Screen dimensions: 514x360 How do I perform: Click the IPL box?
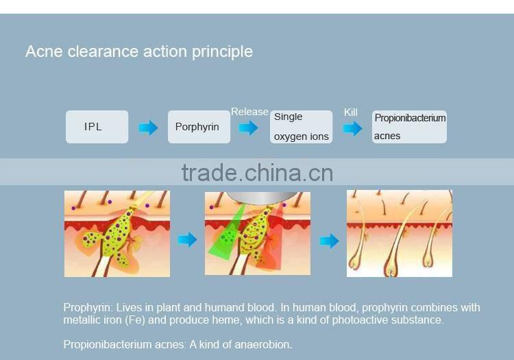tap(97, 127)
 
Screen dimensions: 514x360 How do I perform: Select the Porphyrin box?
tap(199, 127)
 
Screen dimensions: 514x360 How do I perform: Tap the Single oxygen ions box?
tap(302, 127)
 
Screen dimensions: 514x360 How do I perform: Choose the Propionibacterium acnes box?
tap(409, 127)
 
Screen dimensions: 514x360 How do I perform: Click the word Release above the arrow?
tap(249, 112)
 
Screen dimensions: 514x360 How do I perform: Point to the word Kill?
tap(351, 112)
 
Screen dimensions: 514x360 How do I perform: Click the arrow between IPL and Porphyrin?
tap(148, 128)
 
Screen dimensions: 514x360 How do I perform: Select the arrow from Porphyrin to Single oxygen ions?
tap(248, 128)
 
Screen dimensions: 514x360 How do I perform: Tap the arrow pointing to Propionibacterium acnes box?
tap(352, 128)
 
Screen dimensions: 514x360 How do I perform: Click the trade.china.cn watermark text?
tap(257, 172)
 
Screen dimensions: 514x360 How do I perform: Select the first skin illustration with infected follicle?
tap(117, 234)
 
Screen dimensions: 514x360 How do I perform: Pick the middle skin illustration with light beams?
tap(257, 234)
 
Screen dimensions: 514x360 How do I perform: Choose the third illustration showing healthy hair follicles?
tap(399, 234)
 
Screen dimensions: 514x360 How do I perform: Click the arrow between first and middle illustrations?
tap(187, 240)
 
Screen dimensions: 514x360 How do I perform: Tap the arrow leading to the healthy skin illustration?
tap(330, 241)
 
